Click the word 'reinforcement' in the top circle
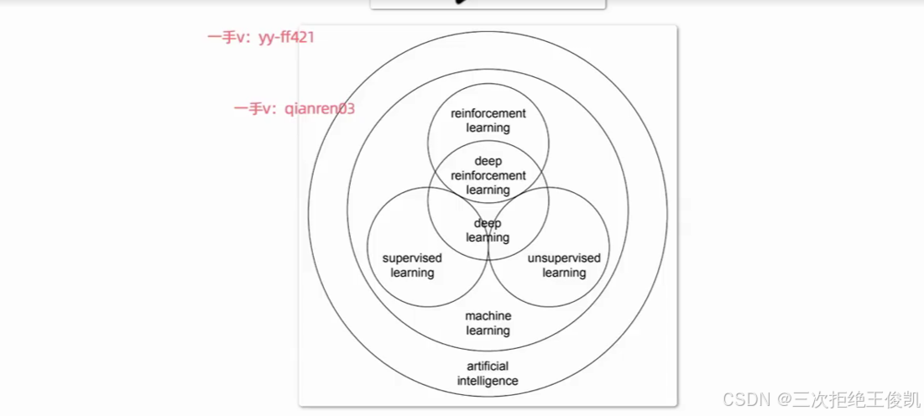coord(488,113)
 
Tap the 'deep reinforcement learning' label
coord(488,175)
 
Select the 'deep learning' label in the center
coord(488,231)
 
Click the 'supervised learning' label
coord(412,265)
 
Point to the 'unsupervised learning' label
coord(564,265)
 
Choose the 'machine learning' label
coord(488,323)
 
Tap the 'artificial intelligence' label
coord(488,373)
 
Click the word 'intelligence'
coord(488,381)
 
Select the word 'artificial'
coord(488,366)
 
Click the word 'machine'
coord(488,316)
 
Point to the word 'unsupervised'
coord(564,258)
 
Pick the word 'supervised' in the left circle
coord(412,258)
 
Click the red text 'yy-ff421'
coord(286,38)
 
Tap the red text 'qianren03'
coord(320,109)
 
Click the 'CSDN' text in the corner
coord(741,398)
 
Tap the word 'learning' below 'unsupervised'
coord(564,273)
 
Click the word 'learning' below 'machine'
coord(488,330)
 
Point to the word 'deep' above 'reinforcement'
coord(488,161)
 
